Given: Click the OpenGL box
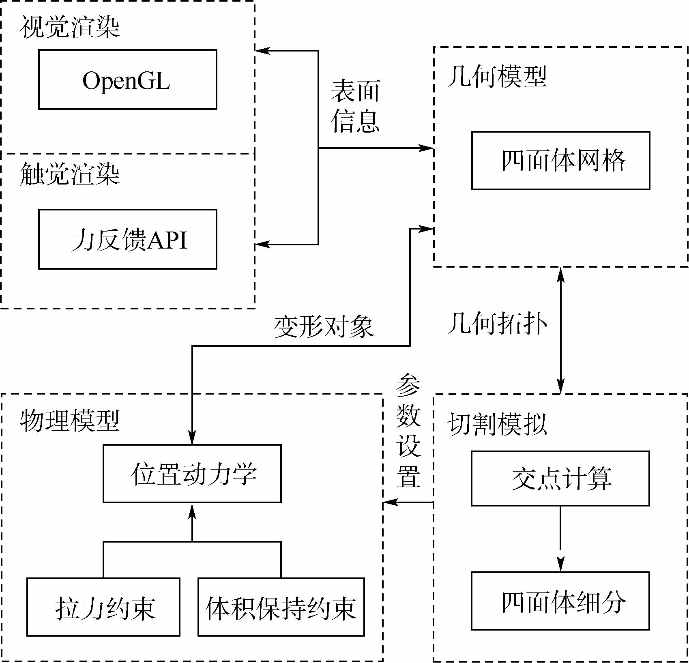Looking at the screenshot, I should tap(127, 79).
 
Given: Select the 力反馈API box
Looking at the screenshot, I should tap(127, 239).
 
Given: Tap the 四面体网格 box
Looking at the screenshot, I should tap(560, 161).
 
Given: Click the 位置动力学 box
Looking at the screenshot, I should tap(192, 474).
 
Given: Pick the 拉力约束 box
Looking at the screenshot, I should tap(103, 607).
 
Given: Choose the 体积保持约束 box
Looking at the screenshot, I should tap(281, 607).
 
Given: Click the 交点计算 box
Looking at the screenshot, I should tap(560, 478).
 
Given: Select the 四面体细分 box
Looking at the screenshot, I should tap(560, 601).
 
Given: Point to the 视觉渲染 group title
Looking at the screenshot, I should tap(70, 28).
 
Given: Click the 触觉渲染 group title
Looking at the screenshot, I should tap(70, 174).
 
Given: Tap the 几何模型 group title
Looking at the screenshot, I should tap(496, 76).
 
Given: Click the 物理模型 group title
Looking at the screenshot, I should tap(70, 420).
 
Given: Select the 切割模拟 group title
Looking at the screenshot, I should tap(496, 424).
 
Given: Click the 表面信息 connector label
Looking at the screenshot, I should tap(355, 106).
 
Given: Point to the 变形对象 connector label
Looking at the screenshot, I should tap(324, 327).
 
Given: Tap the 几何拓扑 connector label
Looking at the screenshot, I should tap(496, 324).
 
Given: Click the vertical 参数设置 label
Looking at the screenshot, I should tap(408, 431).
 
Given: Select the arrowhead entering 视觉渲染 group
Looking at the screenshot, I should tap(262, 51).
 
